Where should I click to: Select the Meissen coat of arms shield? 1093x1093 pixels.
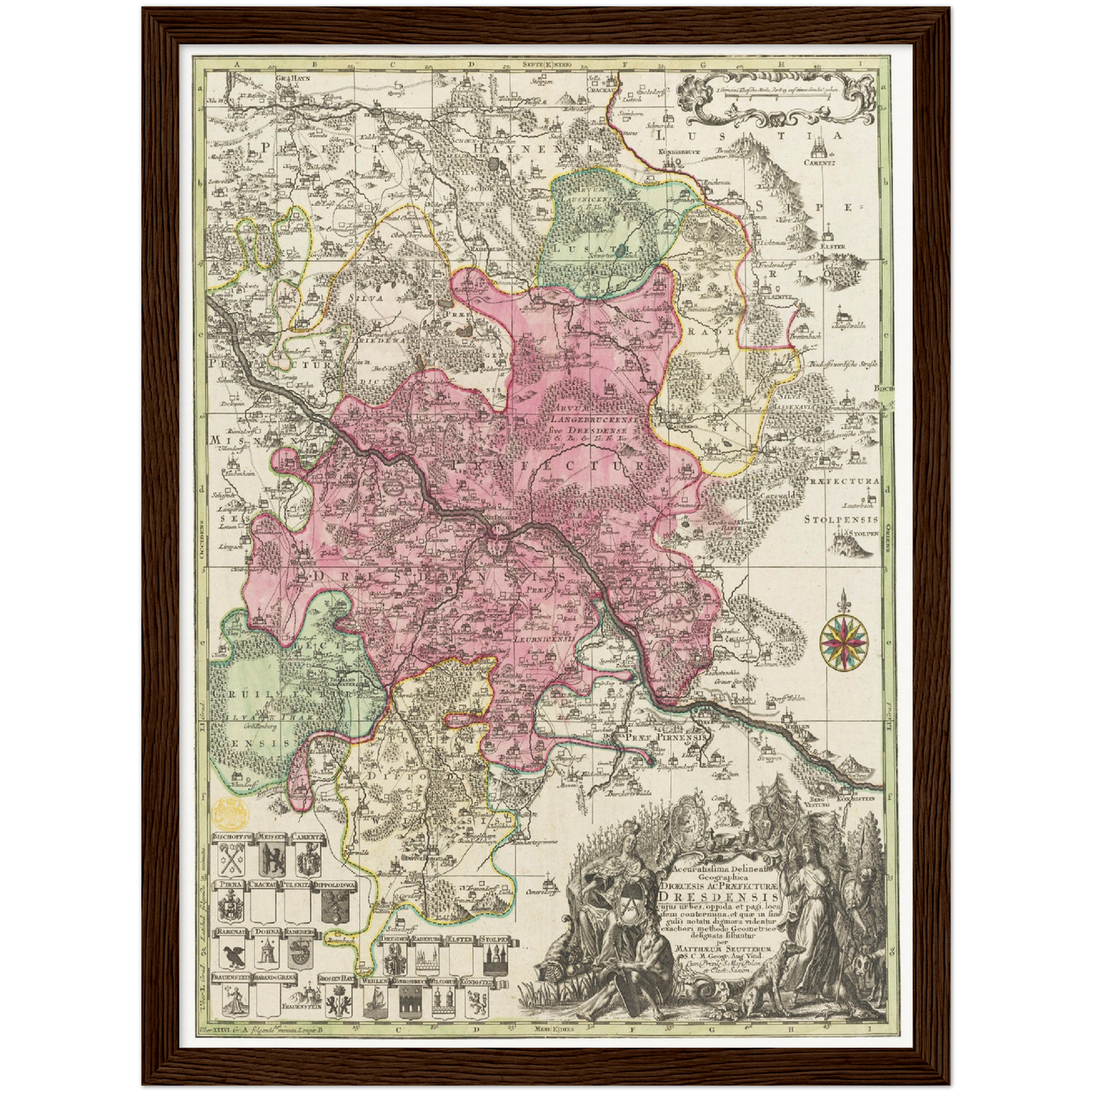point(271,859)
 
